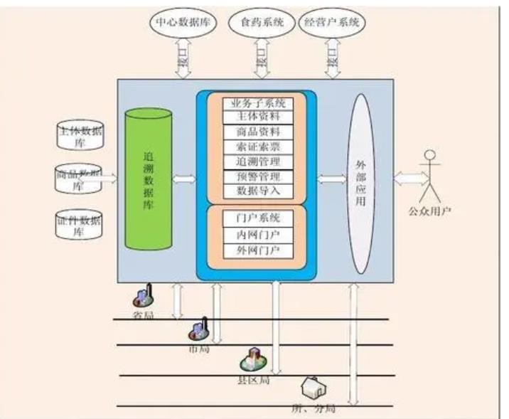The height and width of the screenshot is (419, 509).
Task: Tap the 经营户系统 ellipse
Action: coord(331,22)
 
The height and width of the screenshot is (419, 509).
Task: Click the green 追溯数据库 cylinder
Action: coord(148,180)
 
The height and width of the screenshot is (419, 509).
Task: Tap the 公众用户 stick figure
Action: coord(428,177)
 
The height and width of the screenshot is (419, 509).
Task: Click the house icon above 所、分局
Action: coord(312,389)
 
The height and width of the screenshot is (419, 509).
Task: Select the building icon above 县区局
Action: coord(252,359)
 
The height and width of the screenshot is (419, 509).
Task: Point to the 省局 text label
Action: coord(143,314)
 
